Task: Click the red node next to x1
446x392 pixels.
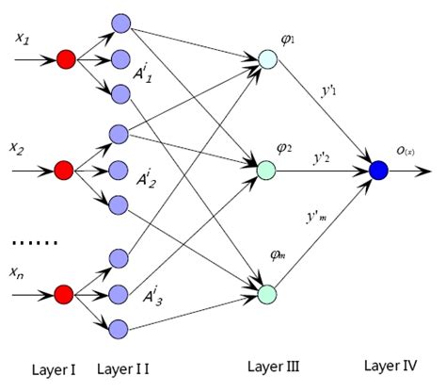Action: click(x=66, y=59)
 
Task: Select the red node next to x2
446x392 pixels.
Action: click(x=64, y=171)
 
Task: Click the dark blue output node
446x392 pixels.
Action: click(x=378, y=171)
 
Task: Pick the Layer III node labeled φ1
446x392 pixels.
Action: click(x=268, y=59)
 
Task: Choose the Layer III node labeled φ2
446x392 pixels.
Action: click(x=268, y=171)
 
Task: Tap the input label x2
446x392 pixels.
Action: click(x=17, y=148)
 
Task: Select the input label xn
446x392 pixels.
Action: click(x=17, y=272)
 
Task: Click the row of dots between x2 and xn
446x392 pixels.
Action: click(x=33, y=244)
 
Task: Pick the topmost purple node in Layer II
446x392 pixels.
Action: click(x=119, y=22)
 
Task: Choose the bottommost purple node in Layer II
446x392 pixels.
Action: click(x=119, y=327)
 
